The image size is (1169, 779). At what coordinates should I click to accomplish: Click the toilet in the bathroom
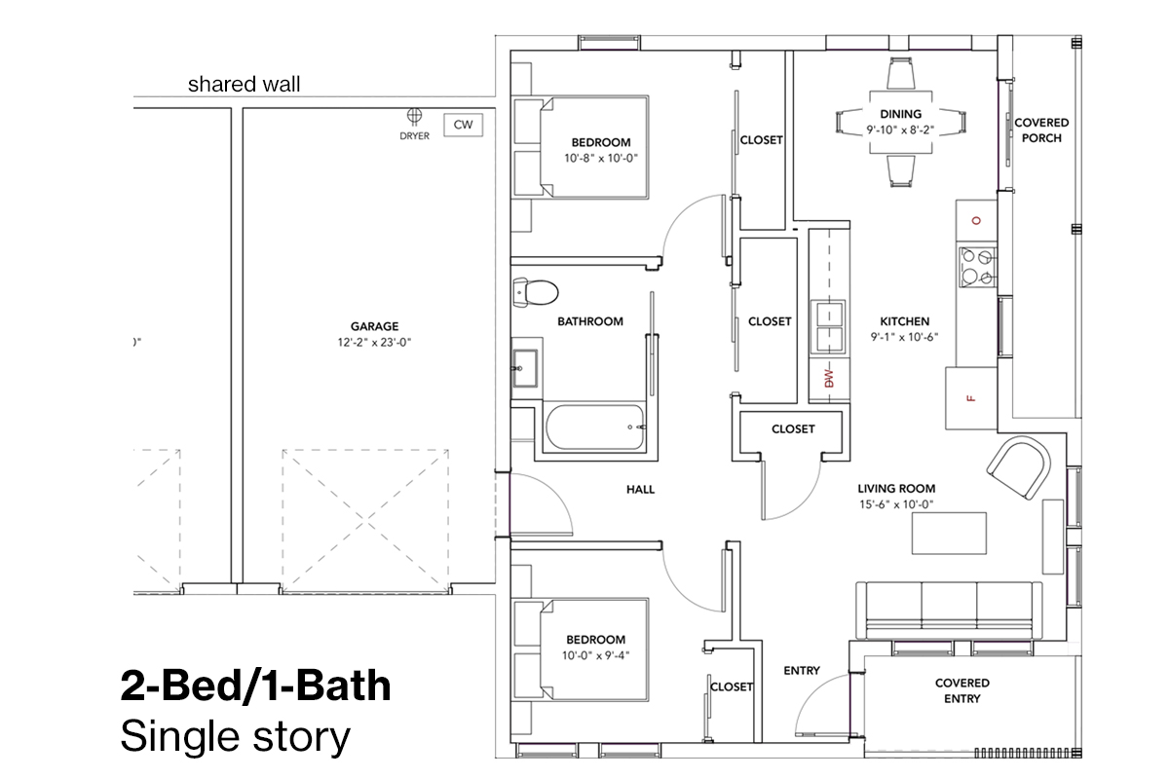(x=536, y=291)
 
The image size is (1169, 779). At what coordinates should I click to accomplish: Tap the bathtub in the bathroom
(x=594, y=427)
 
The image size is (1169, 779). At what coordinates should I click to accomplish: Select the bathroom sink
(x=525, y=368)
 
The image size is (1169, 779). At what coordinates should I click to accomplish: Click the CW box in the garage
(x=463, y=125)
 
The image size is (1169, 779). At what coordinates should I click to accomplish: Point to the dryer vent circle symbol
(x=414, y=115)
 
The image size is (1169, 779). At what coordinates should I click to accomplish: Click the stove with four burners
(x=977, y=267)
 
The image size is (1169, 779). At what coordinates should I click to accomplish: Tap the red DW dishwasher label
(x=829, y=378)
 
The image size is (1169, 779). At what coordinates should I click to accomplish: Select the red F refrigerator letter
(x=970, y=398)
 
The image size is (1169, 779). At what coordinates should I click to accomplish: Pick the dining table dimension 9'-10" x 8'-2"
(x=900, y=130)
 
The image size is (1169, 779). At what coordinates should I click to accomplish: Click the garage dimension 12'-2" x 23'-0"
(x=374, y=343)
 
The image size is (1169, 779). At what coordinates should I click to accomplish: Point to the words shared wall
(x=244, y=84)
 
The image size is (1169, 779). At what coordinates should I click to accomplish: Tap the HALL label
(x=640, y=490)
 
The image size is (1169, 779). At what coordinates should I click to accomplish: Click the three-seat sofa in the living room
(x=949, y=611)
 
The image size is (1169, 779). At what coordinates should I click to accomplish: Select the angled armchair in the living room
(x=1019, y=468)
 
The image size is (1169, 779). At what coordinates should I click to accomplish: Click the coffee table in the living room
(x=949, y=534)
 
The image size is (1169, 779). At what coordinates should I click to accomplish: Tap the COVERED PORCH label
(x=1041, y=130)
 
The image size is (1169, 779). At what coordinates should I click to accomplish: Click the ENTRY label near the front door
(x=802, y=671)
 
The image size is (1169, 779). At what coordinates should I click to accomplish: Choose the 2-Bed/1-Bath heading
(x=255, y=686)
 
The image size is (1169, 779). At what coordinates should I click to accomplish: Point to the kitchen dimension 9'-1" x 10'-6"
(x=904, y=337)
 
